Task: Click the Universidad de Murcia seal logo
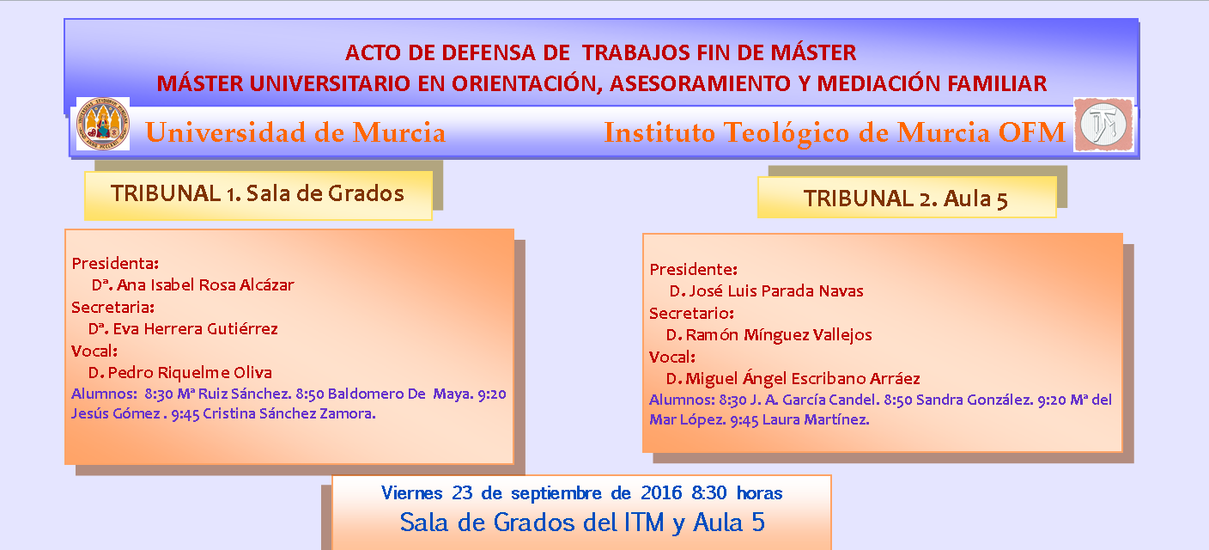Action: coord(103,124)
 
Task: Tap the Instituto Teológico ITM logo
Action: coord(1103,125)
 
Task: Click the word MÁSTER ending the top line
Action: coord(813,53)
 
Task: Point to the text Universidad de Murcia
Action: coord(295,132)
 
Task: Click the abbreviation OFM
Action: coord(1031,132)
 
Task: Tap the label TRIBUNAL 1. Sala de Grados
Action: coord(258,193)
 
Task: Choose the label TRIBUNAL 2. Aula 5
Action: coord(906,199)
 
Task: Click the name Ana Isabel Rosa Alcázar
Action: coord(205,284)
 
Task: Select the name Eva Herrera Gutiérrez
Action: coord(196,328)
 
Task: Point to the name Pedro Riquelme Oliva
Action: coord(190,372)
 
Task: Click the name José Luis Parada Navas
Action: coord(775,290)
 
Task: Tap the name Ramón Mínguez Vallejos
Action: coord(779,335)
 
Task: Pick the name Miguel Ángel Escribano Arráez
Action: coord(803,378)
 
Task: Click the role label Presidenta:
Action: coord(115,263)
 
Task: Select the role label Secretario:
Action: coord(691,314)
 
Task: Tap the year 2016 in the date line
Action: coord(662,492)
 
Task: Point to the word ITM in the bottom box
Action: coord(644,522)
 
